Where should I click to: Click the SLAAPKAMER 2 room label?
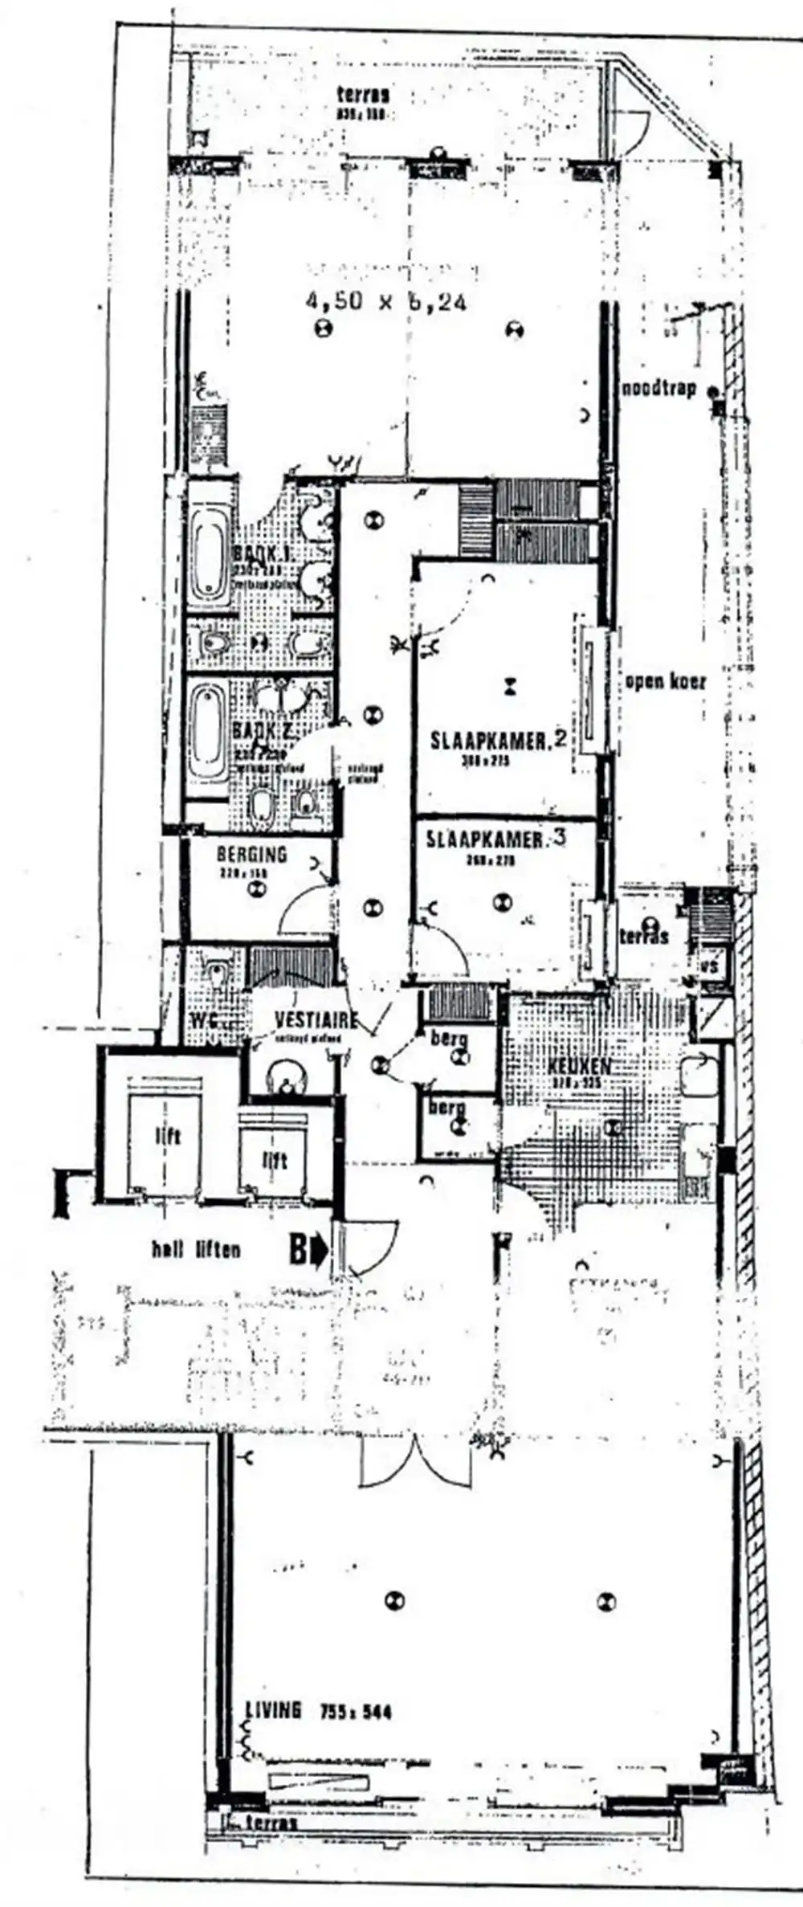pos(499,740)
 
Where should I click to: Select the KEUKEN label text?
pos(579,1067)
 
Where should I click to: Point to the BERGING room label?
pos(251,854)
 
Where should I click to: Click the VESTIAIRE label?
pos(316,1019)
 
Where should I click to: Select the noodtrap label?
pos(658,390)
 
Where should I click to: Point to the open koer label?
pos(666,682)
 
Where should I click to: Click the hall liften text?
pos(196,1250)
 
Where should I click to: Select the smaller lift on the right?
pos(275,1160)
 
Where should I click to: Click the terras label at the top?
pos(363,96)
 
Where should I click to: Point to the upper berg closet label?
pos(449,1038)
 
